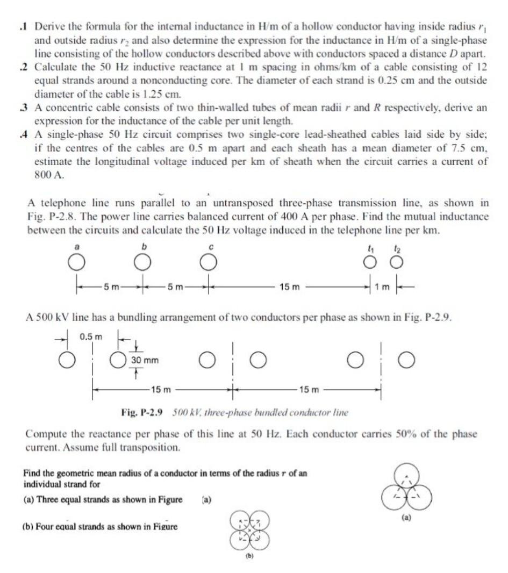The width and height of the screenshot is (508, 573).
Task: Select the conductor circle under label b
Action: (142, 263)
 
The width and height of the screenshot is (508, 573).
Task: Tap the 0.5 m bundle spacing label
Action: (91, 337)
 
